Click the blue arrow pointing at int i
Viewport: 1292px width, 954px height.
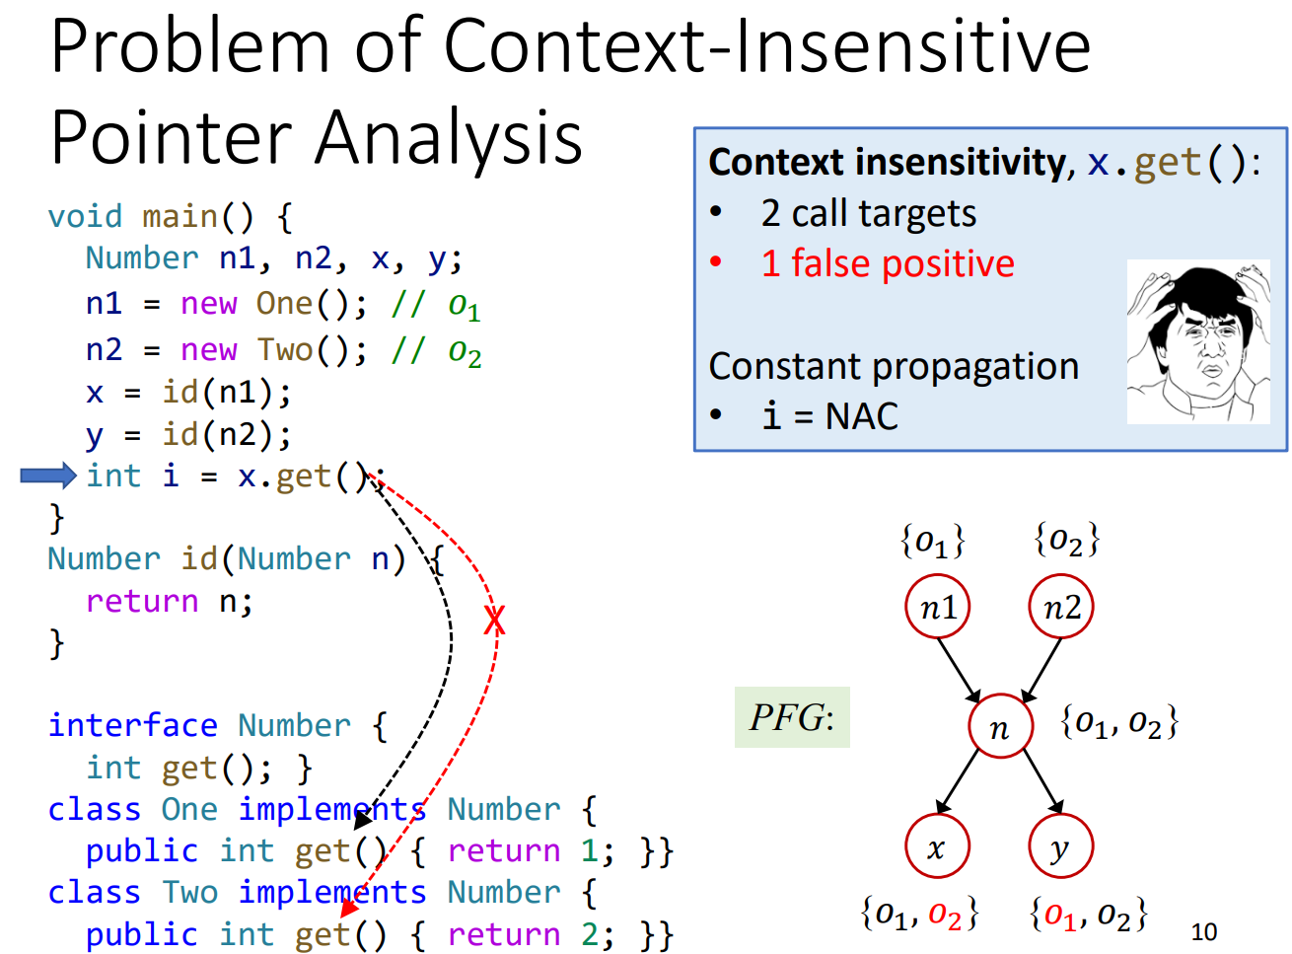click(x=47, y=476)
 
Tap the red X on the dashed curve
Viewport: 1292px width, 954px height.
click(x=494, y=621)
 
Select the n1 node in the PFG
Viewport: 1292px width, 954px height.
click(x=937, y=608)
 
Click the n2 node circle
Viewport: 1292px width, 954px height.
click(x=1061, y=608)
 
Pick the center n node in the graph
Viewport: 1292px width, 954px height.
click(x=1000, y=727)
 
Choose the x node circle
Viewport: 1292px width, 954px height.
click(x=937, y=846)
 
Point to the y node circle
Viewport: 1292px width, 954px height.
click(x=1060, y=846)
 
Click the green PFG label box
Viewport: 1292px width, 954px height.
click(x=792, y=717)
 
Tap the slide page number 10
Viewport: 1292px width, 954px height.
click(x=1203, y=931)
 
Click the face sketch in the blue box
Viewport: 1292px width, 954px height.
click(x=1197, y=341)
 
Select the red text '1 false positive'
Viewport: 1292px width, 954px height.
click(x=887, y=264)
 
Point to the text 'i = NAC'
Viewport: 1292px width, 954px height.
click(x=829, y=416)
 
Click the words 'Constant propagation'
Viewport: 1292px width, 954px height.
click(x=894, y=366)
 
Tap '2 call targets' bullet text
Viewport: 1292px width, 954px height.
click(x=868, y=213)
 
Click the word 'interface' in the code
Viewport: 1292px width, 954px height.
click(x=132, y=725)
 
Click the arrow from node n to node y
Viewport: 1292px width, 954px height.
click(x=1042, y=781)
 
